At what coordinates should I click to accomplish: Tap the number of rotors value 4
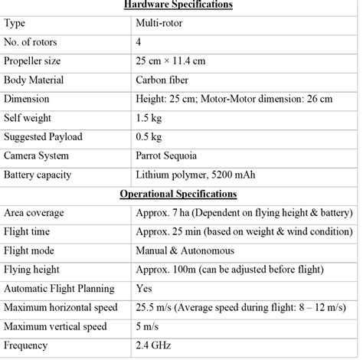[x=139, y=42]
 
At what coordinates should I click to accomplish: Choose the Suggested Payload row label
[x=45, y=136]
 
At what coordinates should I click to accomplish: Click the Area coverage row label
[x=34, y=212]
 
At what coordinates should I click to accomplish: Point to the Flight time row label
[x=30, y=231]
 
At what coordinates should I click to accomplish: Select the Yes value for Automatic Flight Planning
[x=143, y=289]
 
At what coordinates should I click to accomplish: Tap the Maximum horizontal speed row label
[x=61, y=308]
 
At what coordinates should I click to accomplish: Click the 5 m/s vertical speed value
[x=148, y=327]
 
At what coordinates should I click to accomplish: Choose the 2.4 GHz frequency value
[x=154, y=346]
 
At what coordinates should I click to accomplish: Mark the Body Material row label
[x=37, y=80]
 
